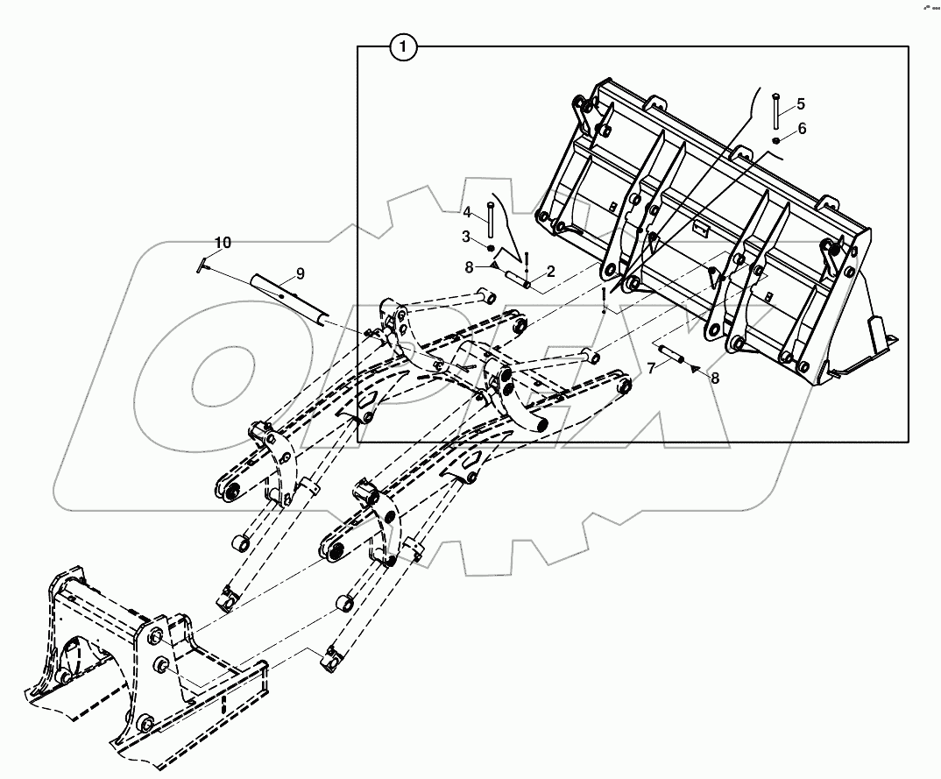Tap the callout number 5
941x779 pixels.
click(x=801, y=104)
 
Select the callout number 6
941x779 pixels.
click(x=802, y=129)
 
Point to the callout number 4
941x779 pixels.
click(x=468, y=212)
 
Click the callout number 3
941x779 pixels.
click(x=468, y=237)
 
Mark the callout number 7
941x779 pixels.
click(x=652, y=368)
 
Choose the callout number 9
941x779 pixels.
click(x=300, y=273)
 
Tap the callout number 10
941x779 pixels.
click(x=223, y=242)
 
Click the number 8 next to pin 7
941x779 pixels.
click(x=715, y=379)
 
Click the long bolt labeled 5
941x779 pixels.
click(x=776, y=111)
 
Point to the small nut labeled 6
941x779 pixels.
click(x=776, y=139)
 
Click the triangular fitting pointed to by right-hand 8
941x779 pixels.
click(x=695, y=370)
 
